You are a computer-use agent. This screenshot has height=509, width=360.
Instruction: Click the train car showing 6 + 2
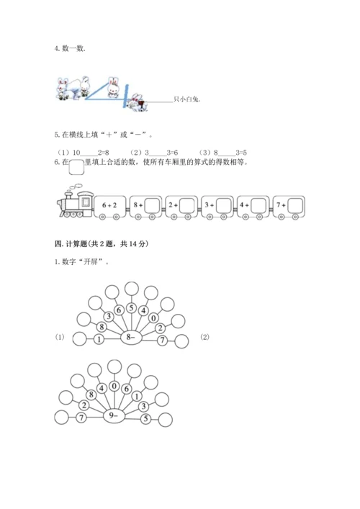pos(109,207)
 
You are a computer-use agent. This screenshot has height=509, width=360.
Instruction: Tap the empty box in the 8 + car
pos(152,205)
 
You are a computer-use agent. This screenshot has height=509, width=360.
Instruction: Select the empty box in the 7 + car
pos(295,205)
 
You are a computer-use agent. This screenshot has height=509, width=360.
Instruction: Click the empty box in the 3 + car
pos(224,205)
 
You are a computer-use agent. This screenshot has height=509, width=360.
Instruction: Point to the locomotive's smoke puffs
pos(76,187)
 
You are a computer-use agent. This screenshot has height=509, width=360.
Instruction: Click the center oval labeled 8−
pos(131,338)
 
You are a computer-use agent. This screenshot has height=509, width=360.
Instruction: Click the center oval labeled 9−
pos(114,416)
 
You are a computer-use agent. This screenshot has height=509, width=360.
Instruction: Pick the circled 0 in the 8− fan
pos(153,317)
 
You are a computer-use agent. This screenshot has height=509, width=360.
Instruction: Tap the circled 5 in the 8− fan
pos(131,307)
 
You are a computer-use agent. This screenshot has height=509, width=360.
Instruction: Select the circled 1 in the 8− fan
pos(99,340)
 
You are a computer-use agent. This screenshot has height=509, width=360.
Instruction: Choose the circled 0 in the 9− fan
pos(114,386)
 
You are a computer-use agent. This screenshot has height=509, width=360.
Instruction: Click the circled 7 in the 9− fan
pos(81,417)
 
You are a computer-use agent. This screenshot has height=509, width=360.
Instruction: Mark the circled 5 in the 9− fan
pos(145,419)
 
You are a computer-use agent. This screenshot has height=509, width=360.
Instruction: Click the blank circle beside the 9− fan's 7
pos(61,418)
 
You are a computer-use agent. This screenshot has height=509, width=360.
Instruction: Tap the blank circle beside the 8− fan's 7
pos(181,341)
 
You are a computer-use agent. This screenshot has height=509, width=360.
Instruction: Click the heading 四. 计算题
pos(102,244)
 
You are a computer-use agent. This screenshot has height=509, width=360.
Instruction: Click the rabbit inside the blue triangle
pos(113,87)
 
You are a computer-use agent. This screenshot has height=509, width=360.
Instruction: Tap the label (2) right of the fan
pos(204,337)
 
